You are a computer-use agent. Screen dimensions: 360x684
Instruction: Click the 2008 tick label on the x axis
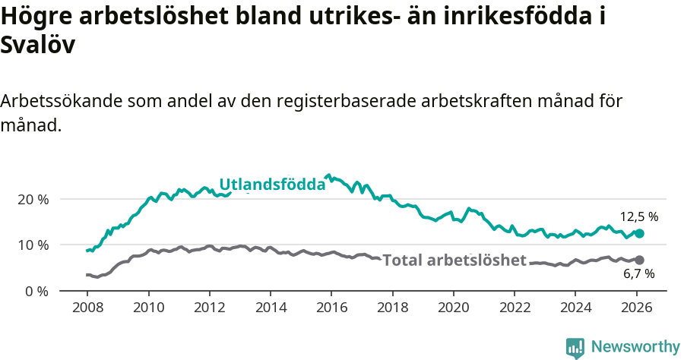pos(87,309)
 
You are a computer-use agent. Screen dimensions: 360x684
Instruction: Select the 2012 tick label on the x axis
pos(209,309)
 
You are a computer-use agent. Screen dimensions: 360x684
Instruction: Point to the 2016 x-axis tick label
pos(331,309)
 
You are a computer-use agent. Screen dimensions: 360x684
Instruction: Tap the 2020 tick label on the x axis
pos(453,309)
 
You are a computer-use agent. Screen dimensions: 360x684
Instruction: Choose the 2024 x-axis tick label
pos(575,309)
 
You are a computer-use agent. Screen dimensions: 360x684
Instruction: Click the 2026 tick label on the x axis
pos(636,309)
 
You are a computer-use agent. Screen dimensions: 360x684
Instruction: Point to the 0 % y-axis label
pos(37,291)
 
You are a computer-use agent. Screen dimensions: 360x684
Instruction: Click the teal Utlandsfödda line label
pos(272,185)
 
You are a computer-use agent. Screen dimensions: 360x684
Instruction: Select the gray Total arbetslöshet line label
pos(454,261)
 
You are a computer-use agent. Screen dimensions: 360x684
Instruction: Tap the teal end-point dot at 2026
pos(639,234)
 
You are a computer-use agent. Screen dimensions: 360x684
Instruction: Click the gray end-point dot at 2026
pos(639,260)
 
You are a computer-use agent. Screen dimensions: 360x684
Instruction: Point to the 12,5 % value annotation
pos(638,216)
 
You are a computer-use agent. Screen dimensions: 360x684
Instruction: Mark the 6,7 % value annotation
pos(638,273)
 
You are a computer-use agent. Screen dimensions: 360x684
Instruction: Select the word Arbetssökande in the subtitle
pos(62,102)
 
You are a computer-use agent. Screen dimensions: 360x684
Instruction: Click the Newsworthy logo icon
pos(575,348)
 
